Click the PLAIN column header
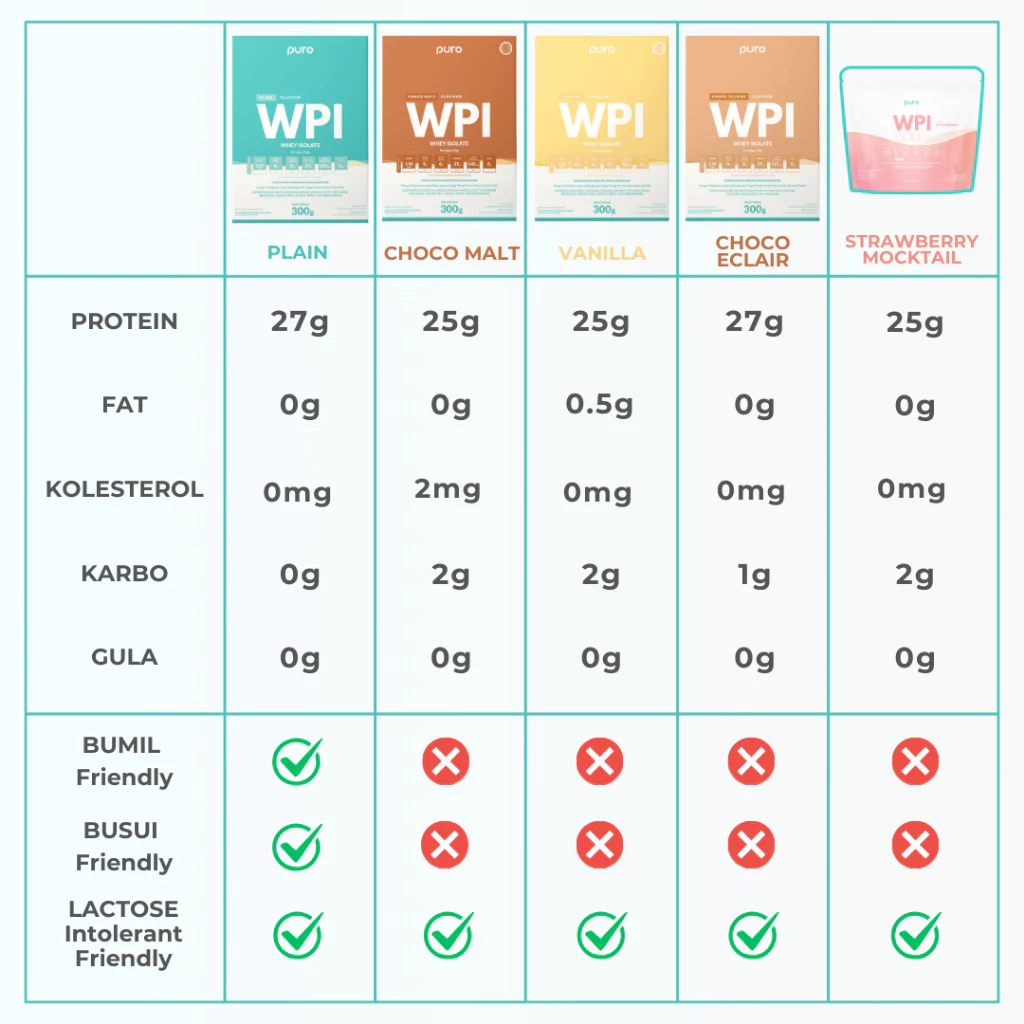297,252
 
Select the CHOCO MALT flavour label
451,253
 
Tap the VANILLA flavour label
602,253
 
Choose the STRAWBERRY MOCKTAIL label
911,249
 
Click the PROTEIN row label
124,321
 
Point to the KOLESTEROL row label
124,489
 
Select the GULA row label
124,657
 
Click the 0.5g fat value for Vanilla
600,405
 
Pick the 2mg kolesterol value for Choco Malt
448,490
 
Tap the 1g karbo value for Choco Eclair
753,575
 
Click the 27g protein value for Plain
299,322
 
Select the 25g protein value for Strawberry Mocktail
914,322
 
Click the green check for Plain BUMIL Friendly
297,762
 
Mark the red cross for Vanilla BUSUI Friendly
600,847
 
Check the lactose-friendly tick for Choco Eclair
752,935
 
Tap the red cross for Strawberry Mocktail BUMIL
915,763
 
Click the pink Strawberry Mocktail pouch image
911,130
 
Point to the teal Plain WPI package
300,128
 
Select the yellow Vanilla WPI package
602,128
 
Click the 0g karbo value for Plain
299,575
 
